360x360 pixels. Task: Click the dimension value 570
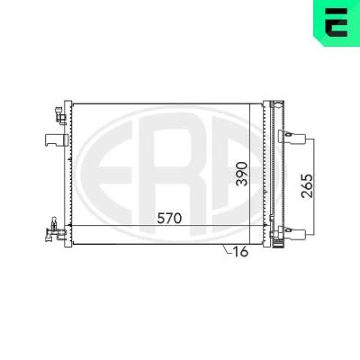169,218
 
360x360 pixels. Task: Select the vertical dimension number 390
242,174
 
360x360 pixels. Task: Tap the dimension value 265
307,185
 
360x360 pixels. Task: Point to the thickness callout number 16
240,252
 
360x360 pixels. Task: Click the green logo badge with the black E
337,22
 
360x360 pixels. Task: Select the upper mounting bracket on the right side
292,137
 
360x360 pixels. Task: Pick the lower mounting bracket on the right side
292,232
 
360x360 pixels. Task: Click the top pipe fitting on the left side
61,115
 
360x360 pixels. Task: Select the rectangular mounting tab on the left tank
57,140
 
